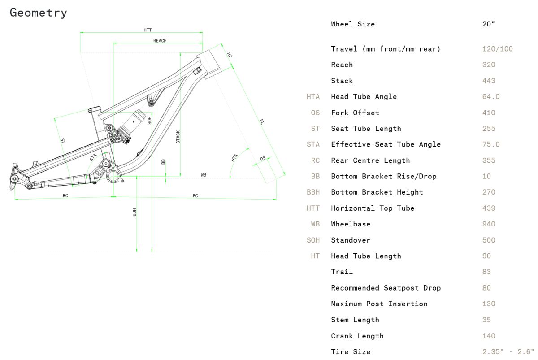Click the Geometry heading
(39, 13)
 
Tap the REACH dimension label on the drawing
(160, 41)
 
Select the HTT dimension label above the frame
(148, 30)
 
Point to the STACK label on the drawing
(178, 137)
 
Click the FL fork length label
(262, 121)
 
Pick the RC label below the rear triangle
(65, 196)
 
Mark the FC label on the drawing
(195, 196)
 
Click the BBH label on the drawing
(134, 213)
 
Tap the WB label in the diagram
(204, 175)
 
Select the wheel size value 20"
(488, 24)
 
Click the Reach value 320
(489, 65)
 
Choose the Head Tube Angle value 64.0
(491, 97)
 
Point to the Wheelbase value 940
(489, 224)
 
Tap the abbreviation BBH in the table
(313, 192)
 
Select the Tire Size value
(508, 351)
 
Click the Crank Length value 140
(489, 336)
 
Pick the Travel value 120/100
(497, 49)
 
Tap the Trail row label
(342, 272)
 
